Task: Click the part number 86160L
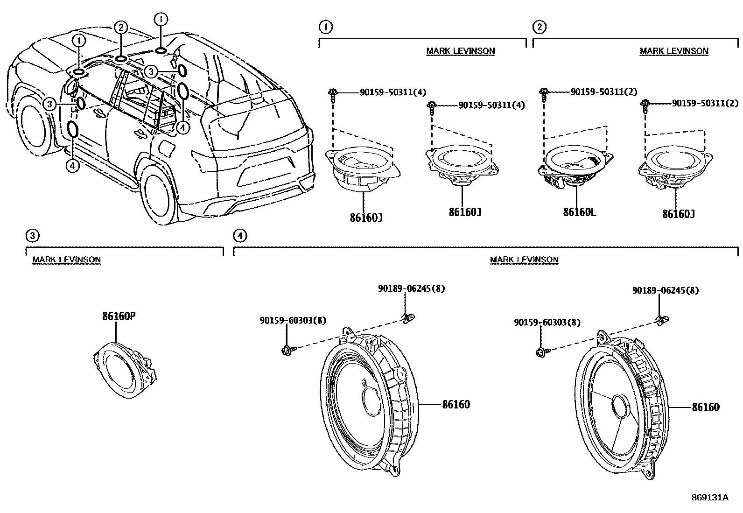(579, 212)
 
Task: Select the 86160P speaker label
(119, 316)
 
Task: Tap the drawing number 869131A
(709, 497)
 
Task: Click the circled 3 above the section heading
(31, 236)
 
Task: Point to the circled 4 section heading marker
(239, 236)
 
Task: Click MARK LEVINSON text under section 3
(66, 260)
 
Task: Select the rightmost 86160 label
(705, 408)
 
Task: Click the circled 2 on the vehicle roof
(120, 28)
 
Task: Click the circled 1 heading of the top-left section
(325, 27)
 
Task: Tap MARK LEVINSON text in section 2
(674, 51)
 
